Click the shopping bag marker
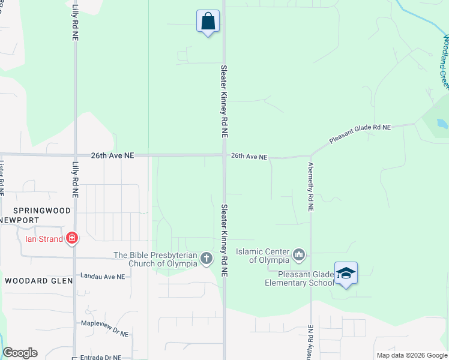click(208, 22)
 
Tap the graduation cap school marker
click(346, 274)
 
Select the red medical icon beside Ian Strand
click(72, 238)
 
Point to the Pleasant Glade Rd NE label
click(360, 135)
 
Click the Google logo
click(20, 353)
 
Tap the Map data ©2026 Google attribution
click(411, 355)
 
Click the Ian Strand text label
click(44, 238)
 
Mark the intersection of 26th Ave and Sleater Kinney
click(224, 155)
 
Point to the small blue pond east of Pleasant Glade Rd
click(443, 124)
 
